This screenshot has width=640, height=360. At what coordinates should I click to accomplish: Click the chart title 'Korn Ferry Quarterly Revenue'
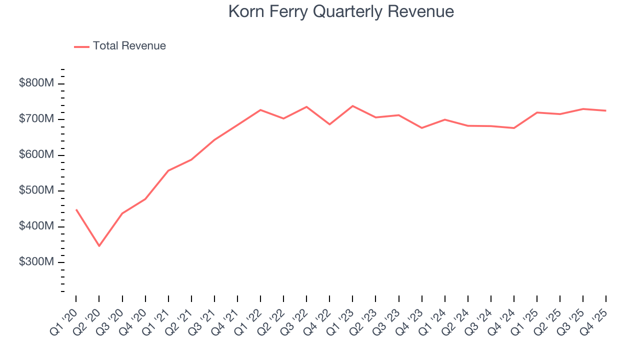point(341,11)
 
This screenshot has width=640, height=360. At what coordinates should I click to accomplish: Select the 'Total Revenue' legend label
point(129,46)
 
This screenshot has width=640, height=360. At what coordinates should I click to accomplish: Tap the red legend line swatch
point(81,46)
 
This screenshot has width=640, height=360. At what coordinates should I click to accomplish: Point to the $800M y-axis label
point(36,83)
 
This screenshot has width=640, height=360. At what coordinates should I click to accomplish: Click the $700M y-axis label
point(36,119)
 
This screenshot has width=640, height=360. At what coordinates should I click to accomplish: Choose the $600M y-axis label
point(36,155)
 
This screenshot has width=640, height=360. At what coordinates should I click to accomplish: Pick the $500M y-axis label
point(36,190)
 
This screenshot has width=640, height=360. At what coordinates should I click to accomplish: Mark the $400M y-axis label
point(36,226)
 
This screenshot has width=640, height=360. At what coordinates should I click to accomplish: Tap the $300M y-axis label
point(36,262)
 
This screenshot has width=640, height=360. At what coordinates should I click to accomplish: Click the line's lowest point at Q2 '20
point(99,246)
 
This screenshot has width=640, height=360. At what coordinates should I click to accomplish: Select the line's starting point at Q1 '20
point(76,209)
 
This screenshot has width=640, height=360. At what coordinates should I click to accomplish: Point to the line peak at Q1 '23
point(352,106)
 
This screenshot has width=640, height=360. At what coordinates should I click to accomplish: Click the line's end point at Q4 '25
point(606,110)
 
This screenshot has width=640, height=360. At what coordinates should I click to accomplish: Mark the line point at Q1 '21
point(168,170)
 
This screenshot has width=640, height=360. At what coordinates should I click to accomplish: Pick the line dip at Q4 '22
point(329,124)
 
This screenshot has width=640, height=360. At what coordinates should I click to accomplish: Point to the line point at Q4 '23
point(421,128)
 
